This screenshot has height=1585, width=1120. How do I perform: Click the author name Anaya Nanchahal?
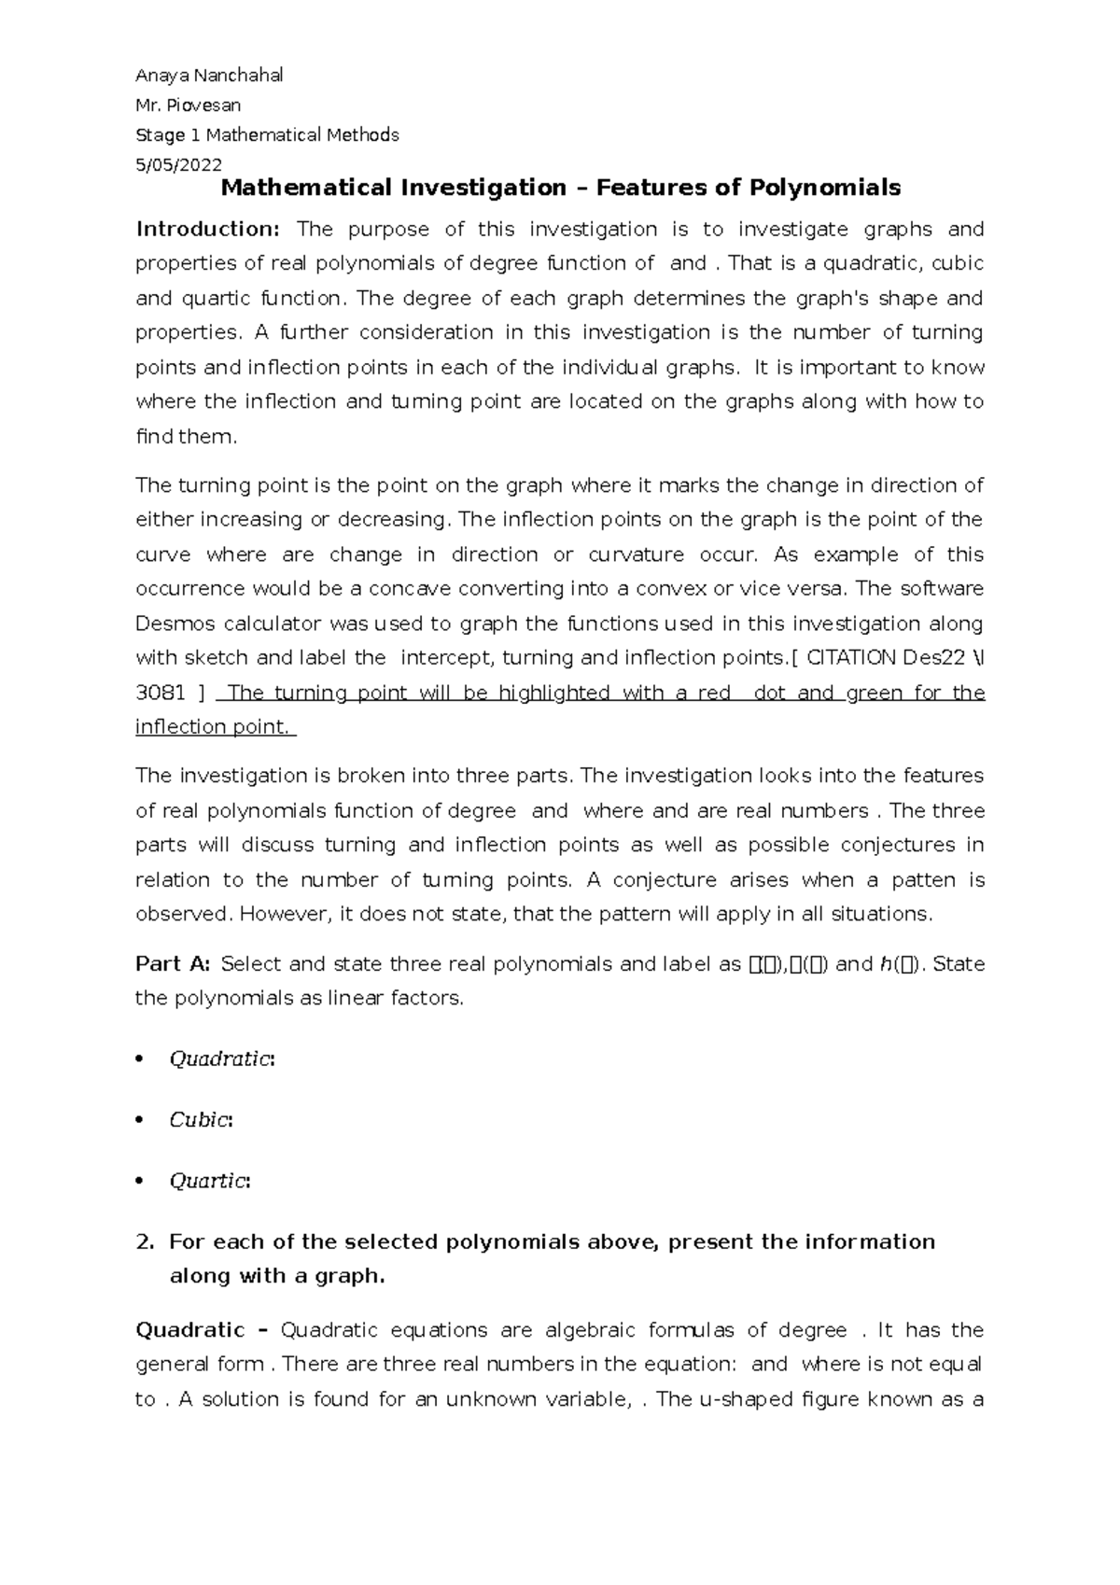(209, 76)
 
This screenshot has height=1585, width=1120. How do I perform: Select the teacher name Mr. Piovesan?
(189, 105)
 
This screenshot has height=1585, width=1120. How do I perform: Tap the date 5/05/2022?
(178, 165)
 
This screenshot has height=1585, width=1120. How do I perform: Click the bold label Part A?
(174, 964)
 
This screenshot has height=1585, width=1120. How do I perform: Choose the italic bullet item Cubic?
(200, 1120)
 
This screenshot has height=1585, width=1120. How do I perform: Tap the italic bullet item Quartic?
(209, 1181)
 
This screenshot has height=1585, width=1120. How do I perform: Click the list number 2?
(144, 1242)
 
